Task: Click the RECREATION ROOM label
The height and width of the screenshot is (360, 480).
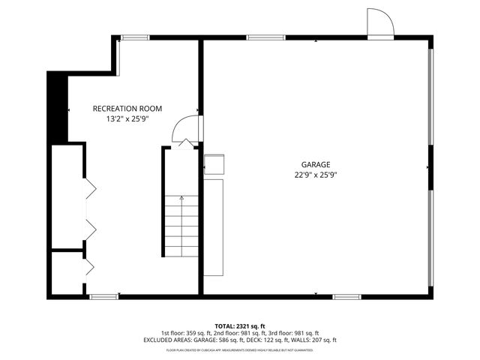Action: click(127, 109)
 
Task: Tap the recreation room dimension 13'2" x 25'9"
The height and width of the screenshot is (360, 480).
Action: click(127, 118)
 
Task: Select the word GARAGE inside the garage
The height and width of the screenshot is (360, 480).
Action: click(316, 164)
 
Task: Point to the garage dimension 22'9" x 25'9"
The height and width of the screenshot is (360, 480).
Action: click(316, 175)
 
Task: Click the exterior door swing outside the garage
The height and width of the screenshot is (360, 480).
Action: click(379, 22)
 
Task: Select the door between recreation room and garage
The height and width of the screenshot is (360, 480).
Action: click(186, 130)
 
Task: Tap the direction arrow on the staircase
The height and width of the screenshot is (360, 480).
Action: click(181, 198)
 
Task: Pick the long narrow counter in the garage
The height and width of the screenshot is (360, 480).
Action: click(214, 226)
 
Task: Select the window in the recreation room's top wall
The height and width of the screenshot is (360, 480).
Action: click(135, 37)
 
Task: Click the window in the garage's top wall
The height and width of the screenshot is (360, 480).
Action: click(265, 37)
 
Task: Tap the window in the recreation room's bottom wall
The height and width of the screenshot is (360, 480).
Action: click(104, 297)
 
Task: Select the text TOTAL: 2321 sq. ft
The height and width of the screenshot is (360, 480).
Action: click(240, 325)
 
